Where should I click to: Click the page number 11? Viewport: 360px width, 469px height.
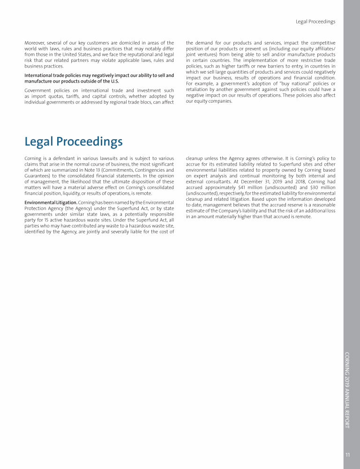pyautogui.click(x=347, y=454)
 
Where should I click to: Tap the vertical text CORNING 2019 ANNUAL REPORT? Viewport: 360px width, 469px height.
pyautogui.click(x=347, y=390)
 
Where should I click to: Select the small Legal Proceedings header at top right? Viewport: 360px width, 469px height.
pyautogui.click(x=315, y=22)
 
